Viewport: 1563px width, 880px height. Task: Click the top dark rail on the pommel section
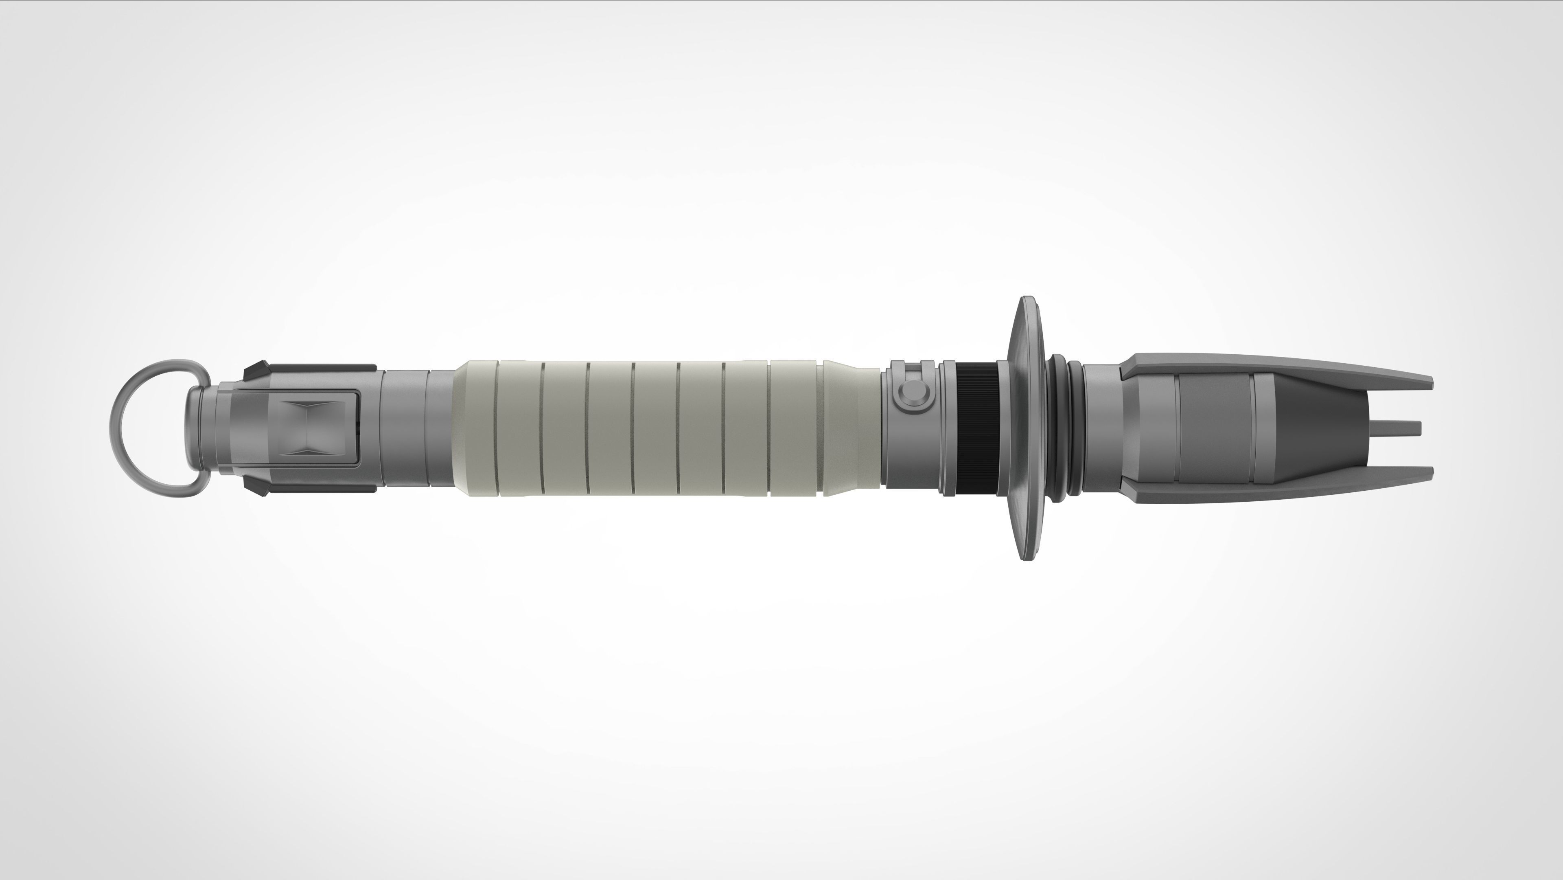click(x=322, y=368)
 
